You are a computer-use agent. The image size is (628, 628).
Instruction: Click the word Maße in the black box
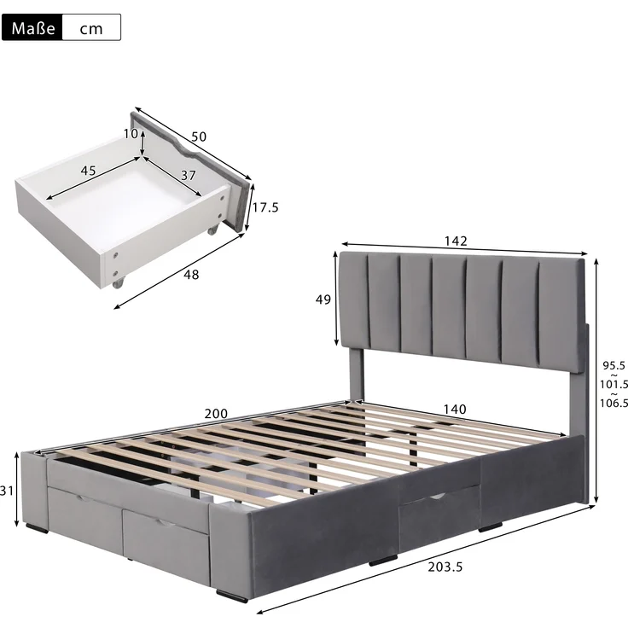pos(33,28)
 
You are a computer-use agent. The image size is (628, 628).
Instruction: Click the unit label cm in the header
pos(91,29)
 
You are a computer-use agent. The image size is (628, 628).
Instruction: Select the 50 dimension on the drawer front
pos(199,137)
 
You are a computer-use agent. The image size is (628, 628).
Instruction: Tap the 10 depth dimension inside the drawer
pos(131,133)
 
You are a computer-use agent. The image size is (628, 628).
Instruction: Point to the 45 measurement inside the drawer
pos(88,170)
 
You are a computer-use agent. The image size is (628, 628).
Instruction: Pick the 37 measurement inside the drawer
pos(189,175)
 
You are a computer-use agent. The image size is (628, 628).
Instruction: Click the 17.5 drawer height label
pos(265,207)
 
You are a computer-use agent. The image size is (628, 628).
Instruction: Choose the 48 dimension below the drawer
pos(191,275)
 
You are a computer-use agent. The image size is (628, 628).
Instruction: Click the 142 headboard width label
pos(456,241)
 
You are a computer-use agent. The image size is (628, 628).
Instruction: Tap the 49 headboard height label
pos(323,299)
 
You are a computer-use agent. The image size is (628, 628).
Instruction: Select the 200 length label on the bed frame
pos(216,413)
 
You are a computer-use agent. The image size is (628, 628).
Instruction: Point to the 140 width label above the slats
pos(455,409)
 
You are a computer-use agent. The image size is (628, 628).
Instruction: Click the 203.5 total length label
pos(445,567)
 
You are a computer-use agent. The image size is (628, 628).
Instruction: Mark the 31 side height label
pos(7,491)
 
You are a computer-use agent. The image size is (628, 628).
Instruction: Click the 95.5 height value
pos(613,365)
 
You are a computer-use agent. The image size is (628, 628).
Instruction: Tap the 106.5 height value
pos(614,403)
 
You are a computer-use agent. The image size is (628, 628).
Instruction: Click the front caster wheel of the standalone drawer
pos(119,282)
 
